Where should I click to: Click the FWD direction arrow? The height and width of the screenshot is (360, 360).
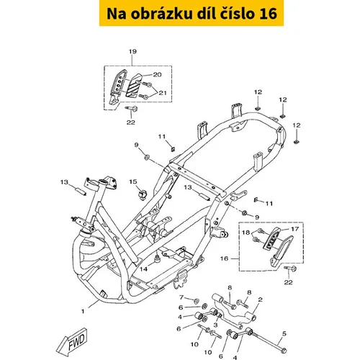click(x=72, y=341)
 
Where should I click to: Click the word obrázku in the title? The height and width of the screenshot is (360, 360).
click(x=161, y=14)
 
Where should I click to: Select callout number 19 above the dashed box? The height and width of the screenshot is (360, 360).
click(x=132, y=51)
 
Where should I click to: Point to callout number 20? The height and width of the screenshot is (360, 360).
click(x=157, y=75)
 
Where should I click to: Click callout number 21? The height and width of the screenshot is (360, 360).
click(x=163, y=93)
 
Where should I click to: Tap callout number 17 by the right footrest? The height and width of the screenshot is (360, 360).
click(x=295, y=229)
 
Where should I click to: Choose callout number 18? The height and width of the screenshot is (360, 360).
click(x=246, y=233)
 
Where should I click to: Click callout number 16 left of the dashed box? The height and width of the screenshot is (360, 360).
click(x=224, y=258)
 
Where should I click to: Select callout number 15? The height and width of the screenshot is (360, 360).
click(x=133, y=181)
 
